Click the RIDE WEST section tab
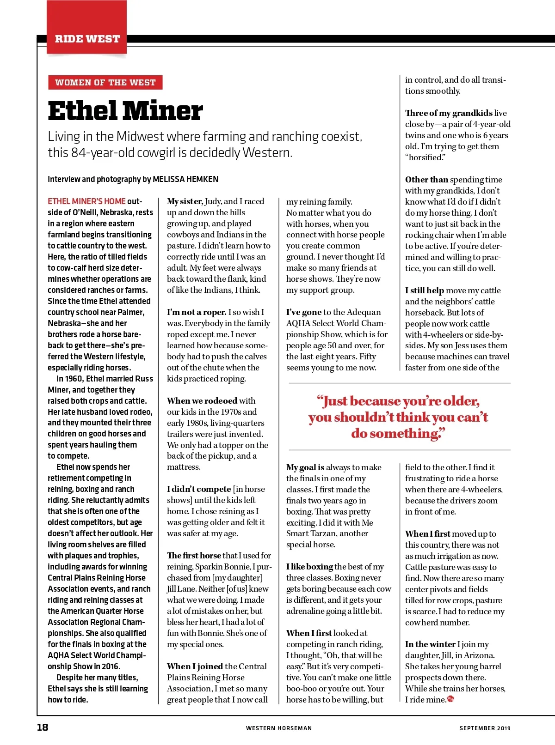coord(87,39)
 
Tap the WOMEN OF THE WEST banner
coord(105,83)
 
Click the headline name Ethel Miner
coord(125,111)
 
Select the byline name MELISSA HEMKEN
coord(185,179)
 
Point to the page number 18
coord(43,727)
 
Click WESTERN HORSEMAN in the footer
coord(279,728)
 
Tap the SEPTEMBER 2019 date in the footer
coord(485,728)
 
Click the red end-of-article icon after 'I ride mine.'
coord(451,699)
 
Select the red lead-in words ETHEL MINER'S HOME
coord(86,201)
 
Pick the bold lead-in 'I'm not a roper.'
coord(197,312)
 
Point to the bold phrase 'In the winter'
coord(430,644)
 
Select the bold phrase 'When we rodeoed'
coord(202,401)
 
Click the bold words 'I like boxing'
coord(309,567)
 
